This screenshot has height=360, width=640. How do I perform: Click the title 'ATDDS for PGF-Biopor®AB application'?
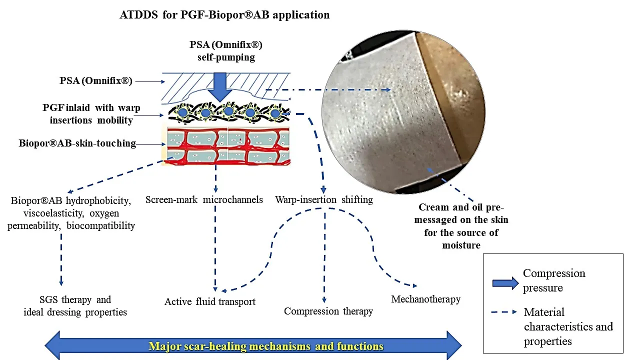click(224, 14)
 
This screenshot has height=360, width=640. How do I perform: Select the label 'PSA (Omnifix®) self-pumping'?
click(226, 50)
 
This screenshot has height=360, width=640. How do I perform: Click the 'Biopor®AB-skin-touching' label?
click(77, 143)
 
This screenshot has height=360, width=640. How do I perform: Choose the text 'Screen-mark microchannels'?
click(204, 200)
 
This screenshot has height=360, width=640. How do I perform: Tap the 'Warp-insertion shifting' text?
click(324, 200)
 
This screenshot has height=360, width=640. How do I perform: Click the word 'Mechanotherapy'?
click(425, 299)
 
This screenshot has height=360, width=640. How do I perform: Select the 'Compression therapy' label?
click(328, 311)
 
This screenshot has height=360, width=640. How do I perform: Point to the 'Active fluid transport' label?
click(210, 301)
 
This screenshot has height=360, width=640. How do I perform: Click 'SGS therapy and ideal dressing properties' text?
click(75, 306)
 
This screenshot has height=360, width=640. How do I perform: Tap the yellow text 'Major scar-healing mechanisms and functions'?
click(266, 346)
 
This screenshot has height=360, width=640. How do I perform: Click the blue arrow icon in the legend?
click(505, 283)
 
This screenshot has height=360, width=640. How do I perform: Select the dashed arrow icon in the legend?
click(505, 311)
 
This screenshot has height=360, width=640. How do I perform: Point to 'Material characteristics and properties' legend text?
click(568, 327)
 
